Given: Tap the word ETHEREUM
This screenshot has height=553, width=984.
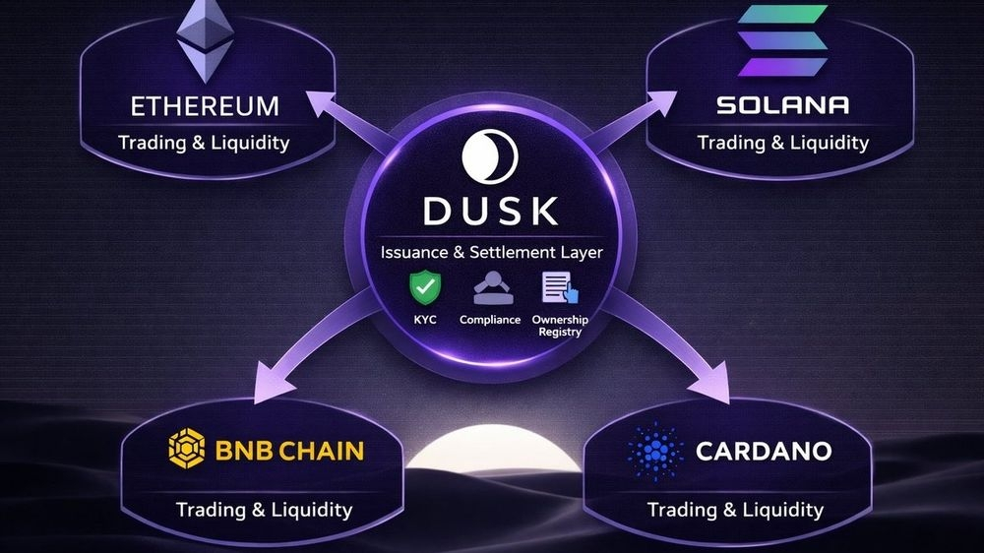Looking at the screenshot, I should click(204, 105).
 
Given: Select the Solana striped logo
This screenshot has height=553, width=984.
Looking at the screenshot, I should click(783, 42).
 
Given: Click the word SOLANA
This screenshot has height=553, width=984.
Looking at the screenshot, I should click(783, 105).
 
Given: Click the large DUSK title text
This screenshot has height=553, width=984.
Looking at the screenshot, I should click(490, 210).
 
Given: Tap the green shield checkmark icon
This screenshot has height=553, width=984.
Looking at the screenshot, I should click(425, 288).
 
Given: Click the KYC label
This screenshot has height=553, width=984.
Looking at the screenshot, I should click(425, 321).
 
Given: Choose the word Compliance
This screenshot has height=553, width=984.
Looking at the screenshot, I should click(489, 321).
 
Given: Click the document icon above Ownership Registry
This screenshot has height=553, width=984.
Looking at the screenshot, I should click(558, 288).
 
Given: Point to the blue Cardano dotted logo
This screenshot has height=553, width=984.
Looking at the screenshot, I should click(654, 452).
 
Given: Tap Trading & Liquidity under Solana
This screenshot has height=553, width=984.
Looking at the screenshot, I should click(783, 143).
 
